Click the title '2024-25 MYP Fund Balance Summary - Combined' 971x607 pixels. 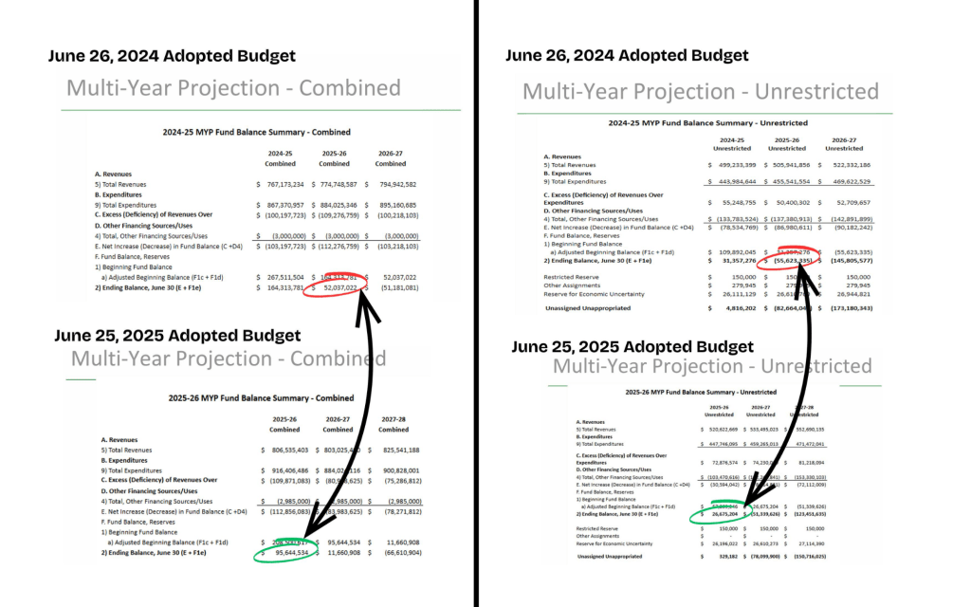click(x=256, y=132)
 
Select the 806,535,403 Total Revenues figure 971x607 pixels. click(x=285, y=450)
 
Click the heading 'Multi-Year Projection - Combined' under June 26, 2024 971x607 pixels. click(x=233, y=88)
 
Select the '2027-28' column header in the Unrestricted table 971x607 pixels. click(x=805, y=408)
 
